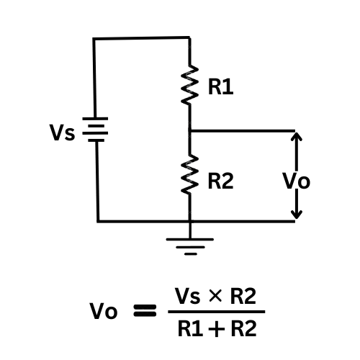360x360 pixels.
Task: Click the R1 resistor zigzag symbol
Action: (189, 84)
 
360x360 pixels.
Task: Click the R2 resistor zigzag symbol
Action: (189, 174)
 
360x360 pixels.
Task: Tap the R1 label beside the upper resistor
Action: (220, 87)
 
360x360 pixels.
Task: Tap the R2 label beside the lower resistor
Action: (220, 181)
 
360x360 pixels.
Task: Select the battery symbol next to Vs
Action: (95, 130)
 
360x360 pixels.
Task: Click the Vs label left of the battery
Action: (63, 132)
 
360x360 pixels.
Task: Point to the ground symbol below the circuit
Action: (190, 246)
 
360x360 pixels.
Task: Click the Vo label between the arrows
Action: (297, 181)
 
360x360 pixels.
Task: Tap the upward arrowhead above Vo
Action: (297, 136)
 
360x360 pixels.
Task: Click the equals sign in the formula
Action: (145, 310)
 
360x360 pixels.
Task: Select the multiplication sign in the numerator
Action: (215, 296)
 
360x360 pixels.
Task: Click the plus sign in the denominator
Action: (217, 329)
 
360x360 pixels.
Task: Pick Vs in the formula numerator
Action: (187, 296)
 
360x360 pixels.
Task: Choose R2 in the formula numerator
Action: (243, 296)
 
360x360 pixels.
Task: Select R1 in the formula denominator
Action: (190, 328)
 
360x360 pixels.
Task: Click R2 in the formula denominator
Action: (244, 328)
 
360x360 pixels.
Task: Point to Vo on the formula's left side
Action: (104, 310)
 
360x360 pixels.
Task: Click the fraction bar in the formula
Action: (217, 312)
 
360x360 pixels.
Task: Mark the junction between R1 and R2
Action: (190, 131)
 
